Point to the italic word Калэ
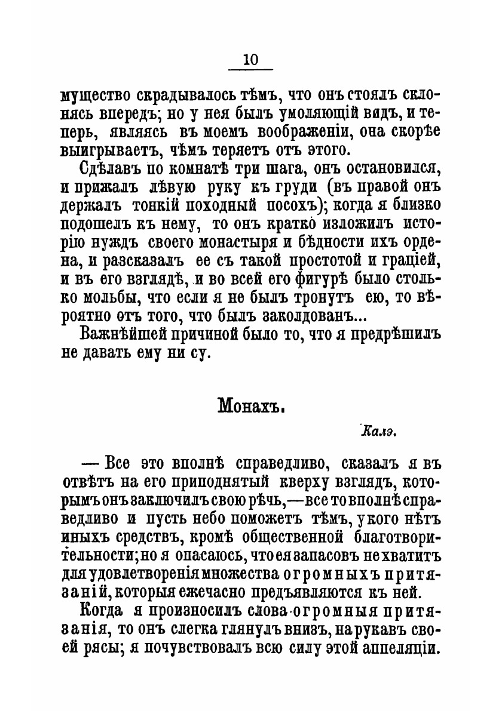tap(379, 431)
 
